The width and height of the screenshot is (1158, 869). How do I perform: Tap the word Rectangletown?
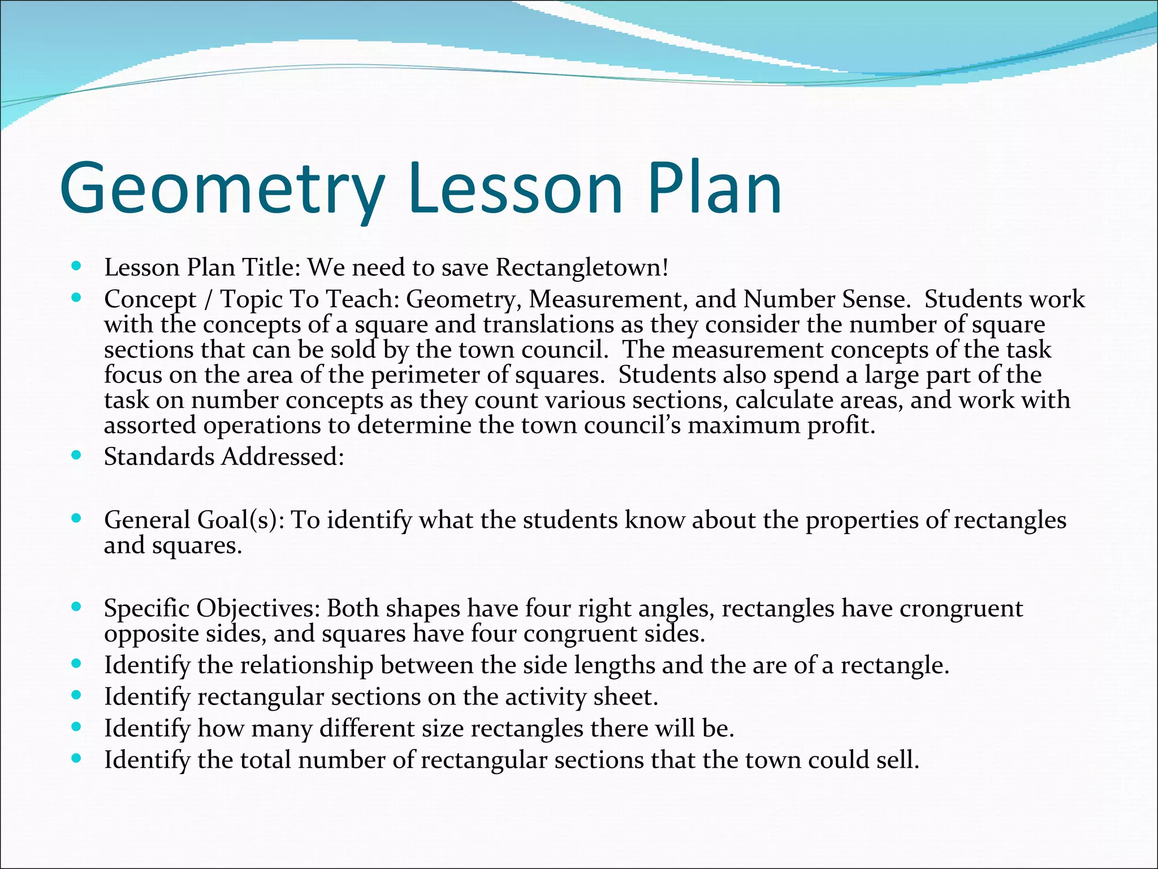(582, 267)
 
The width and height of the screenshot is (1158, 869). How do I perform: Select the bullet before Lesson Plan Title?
(77, 265)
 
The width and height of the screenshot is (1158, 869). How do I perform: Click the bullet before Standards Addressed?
(77, 454)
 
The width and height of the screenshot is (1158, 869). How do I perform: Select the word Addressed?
(283, 457)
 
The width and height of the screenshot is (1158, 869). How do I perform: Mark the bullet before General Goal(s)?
(77, 518)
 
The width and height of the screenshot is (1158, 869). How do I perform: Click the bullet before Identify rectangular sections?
(77, 694)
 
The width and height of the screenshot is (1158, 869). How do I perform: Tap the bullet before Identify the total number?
(77, 758)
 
